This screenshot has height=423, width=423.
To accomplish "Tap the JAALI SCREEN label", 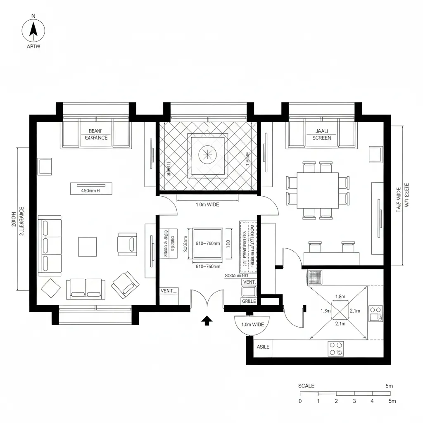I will pos(321,134).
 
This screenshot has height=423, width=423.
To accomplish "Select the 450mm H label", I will pos(91,191).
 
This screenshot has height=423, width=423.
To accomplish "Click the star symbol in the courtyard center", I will pos(207,155).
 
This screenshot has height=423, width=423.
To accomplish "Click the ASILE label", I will pos(263,347).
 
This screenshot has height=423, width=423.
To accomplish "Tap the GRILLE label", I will pos(249,301).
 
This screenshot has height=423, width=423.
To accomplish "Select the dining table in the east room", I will pos(318,190).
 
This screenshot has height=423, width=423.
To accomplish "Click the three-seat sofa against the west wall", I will pos(50,245).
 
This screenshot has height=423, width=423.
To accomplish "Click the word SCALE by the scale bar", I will pos(306,386).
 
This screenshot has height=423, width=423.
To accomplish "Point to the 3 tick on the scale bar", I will pos(354,401).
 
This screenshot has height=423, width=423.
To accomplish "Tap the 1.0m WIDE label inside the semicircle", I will pos(252,325).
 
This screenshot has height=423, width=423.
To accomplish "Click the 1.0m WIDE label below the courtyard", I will pos(207,204).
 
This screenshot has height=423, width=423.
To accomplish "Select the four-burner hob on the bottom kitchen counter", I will pos(336,348).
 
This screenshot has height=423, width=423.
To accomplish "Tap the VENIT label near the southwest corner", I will pos(168,291).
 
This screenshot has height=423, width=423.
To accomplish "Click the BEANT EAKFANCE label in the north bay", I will pos(96,134).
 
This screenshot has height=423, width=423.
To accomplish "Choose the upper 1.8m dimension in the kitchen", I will pos(340,296).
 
